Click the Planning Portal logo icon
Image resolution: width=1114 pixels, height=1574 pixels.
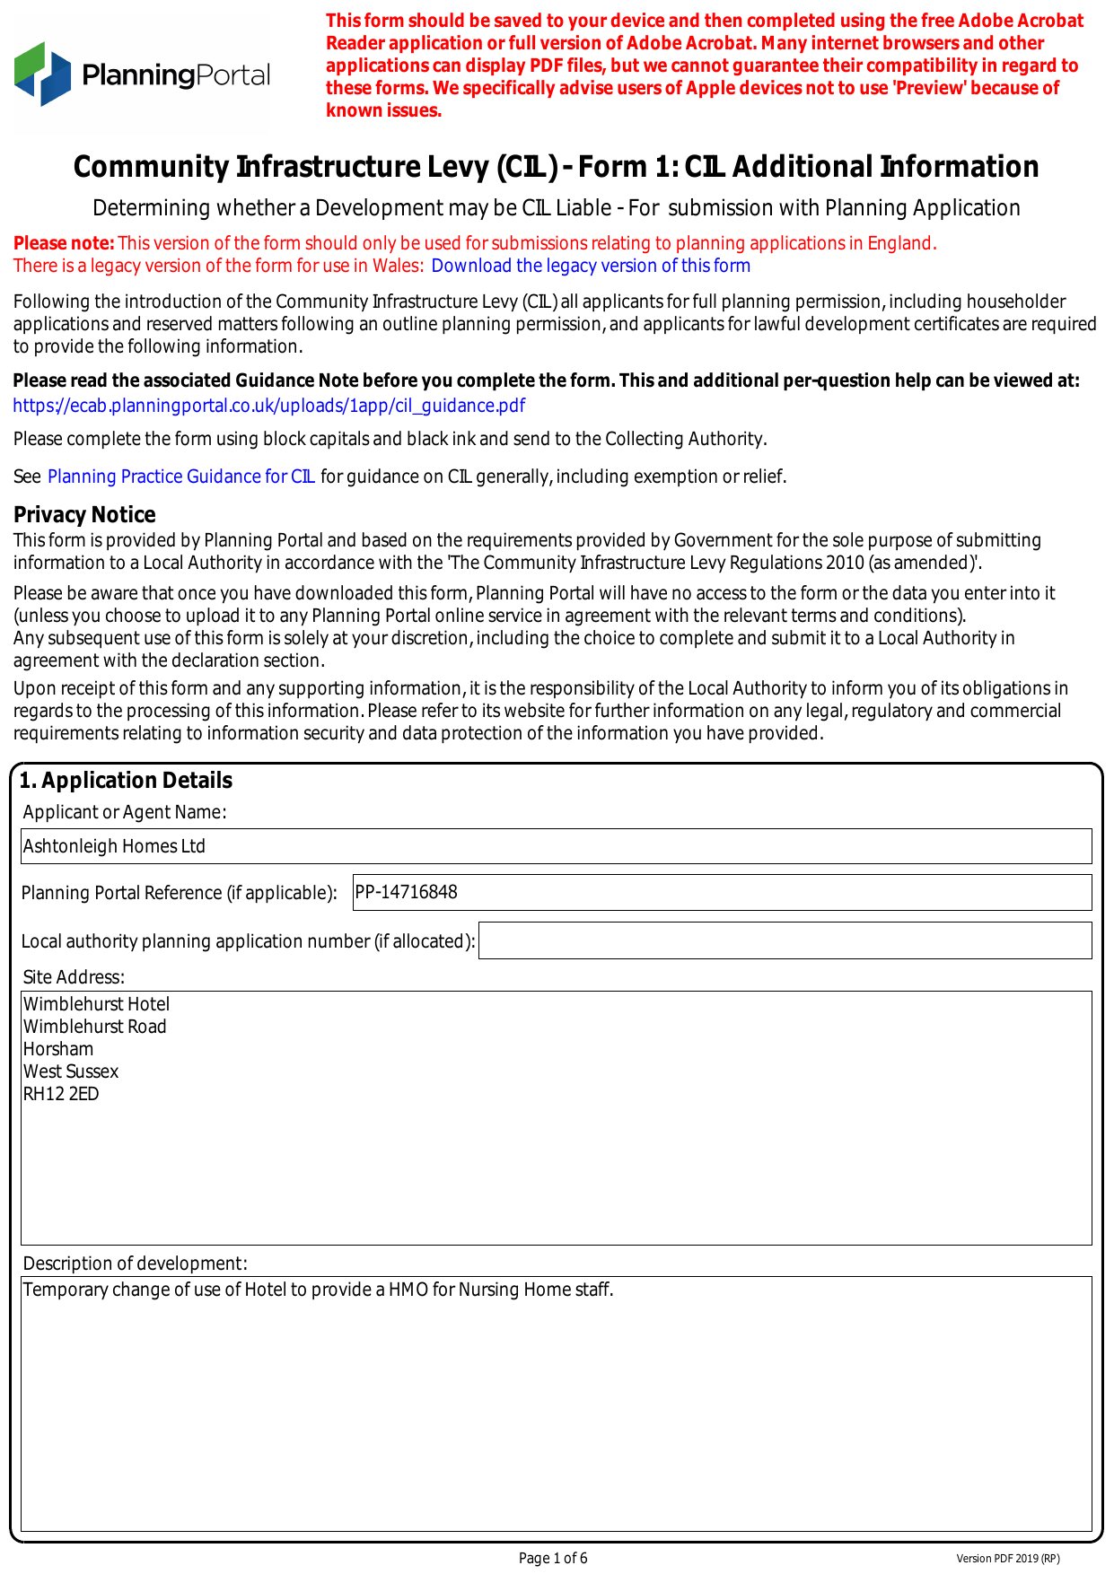coord(42,74)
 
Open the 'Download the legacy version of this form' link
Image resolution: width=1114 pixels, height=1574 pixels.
coord(590,266)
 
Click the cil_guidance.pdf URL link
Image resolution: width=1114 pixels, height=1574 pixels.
coord(268,406)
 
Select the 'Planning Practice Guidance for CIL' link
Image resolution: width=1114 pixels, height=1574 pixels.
coord(180,477)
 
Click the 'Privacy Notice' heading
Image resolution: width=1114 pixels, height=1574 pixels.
coord(84,514)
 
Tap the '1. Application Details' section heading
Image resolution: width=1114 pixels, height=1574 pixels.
coord(126,781)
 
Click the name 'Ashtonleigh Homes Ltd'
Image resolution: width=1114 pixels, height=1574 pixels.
coord(114,846)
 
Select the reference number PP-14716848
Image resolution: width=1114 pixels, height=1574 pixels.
coord(407,892)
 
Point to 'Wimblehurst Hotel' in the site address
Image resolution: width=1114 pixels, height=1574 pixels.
coord(96,1004)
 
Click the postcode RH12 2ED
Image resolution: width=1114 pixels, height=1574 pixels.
coord(61,1094)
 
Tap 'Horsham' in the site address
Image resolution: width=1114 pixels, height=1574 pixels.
coord(58,1049)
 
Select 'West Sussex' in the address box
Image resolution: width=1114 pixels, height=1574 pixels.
coord(71,1071)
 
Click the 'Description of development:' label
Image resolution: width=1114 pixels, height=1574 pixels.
coord(135,1264)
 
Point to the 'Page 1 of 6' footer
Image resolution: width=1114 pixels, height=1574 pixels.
coord(553,1558)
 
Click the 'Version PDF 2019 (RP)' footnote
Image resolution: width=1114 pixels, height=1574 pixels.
coord(1007,1559)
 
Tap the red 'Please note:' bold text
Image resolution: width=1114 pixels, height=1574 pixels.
coord(64,243)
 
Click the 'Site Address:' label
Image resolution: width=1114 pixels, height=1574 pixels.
coord(74,977)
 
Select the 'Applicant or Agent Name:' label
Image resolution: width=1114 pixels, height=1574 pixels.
coord(125,812)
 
